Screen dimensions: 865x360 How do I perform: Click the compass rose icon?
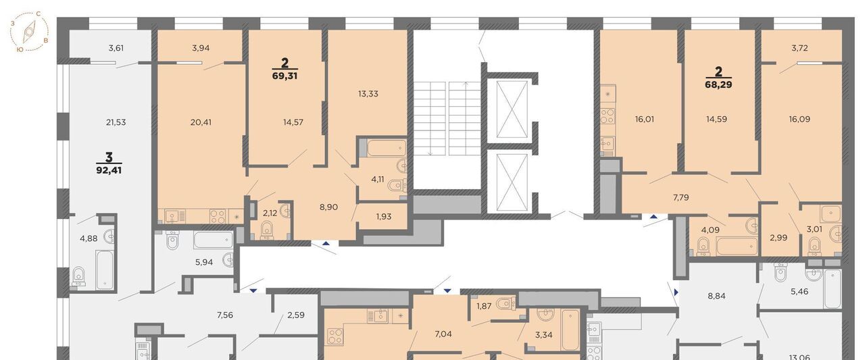coord(29,31)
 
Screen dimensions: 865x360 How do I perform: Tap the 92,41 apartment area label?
coord(109,170)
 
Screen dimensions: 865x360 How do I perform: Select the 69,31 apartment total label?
coord(285,76)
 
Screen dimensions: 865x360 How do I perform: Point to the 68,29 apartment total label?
coord(718,84)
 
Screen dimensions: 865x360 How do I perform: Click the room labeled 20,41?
coord(201,122)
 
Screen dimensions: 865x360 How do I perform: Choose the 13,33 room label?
coord(368,94)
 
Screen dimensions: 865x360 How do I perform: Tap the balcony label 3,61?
coord(116,48)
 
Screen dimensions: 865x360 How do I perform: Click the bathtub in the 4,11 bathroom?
coord(387,148)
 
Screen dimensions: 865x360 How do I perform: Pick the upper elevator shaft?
coord(512,109)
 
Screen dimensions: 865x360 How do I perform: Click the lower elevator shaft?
coord(512,181)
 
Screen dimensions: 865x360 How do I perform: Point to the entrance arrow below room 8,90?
coord(326,243)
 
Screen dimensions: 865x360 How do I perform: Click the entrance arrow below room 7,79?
coord(653,217)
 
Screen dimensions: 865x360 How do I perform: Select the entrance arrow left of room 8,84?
coord(676,292)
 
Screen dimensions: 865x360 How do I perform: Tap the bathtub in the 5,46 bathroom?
coord(832,288)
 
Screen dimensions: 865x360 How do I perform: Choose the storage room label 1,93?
coord(384,217)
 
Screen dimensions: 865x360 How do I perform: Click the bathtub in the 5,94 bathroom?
coord(214,240)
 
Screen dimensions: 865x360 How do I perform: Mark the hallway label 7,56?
coord(225,315)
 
